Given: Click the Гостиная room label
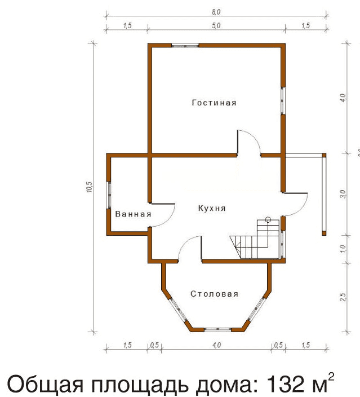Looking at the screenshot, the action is pyautogui.click(x=214, y=103).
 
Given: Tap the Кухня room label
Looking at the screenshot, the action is pyautogui.click(x=212, y=209).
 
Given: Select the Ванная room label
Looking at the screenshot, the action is pyautogui.click(x=133, y=214).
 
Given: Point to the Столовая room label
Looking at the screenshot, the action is pyautogui.click(x=214, y=294).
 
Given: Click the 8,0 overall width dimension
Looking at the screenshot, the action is pyautogui.click(x=216, y=12).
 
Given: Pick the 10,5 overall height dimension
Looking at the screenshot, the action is pyautogui.click(x=90, y=187).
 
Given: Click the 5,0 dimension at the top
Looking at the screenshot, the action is pyautogui.click(x=216, y=25).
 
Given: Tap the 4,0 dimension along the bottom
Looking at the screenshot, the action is pyautogui.click(x=216, y=345).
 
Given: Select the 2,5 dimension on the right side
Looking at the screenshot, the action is pyautogui.click(x=343, y=297).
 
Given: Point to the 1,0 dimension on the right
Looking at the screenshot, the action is pyautogui.click(x=343, y=249).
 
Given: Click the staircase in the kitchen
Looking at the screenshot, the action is pyautogui.click(x=255, y=239).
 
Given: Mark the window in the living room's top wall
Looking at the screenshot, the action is pyautogui.click(x=185, y=46).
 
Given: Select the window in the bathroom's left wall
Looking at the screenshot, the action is pyautogui.click(x=109, y=195).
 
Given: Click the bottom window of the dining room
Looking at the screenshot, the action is pyautogui.click(x=218, y=329).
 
